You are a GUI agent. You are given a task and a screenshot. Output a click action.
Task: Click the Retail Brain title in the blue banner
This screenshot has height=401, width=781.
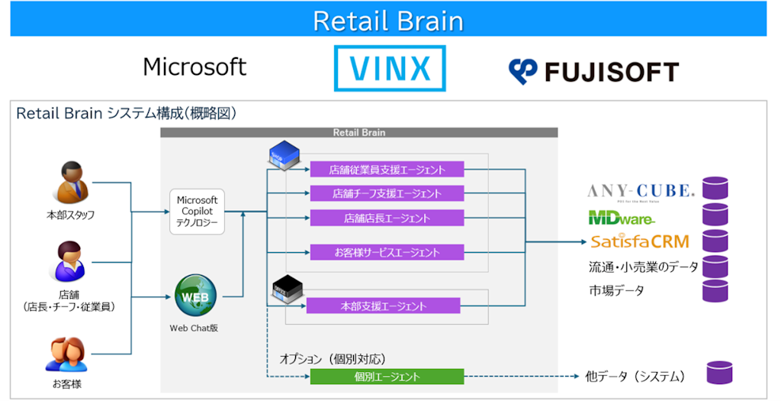(388, 21)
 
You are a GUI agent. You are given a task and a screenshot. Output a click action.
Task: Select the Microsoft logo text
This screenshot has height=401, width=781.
(194, 67)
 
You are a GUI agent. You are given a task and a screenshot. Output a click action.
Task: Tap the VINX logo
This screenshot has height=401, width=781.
(389, 68)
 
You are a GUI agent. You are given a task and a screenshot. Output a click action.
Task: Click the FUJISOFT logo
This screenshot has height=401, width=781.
(593, 72)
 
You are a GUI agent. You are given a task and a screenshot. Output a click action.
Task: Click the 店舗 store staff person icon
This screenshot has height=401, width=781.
(69, 262)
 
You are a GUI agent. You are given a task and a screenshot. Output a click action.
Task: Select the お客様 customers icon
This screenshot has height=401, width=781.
(68, 354)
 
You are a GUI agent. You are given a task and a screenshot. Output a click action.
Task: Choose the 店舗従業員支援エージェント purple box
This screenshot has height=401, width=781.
(387, 170)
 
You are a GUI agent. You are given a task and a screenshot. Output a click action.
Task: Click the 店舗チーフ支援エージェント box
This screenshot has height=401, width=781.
(387, 193)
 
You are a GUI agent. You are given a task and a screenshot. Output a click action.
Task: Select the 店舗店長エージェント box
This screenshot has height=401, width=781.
(387, 218)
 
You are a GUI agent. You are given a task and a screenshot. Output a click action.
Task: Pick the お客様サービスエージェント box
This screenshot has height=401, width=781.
(387, 252)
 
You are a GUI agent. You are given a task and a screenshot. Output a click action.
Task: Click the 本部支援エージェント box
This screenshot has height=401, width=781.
(384, 306)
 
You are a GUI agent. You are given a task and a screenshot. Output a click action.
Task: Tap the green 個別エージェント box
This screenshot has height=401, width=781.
(387, 377)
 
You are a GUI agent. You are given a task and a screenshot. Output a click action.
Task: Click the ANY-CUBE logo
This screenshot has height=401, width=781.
(641, 190)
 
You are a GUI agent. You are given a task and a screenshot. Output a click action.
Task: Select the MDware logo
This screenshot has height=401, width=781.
(622, 218)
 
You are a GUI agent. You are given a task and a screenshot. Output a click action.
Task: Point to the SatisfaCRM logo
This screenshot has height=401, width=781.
(640, 241)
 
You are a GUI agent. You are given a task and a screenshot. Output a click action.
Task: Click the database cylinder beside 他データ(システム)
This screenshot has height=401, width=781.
(718, 373)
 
